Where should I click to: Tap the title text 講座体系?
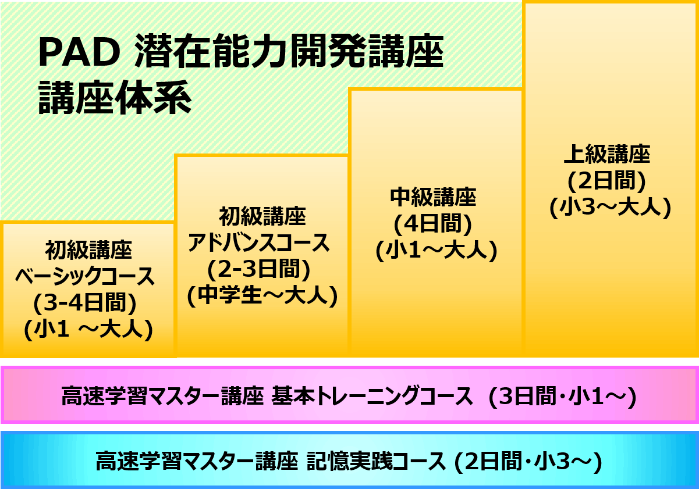[115, 99]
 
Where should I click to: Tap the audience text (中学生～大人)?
[262, 297]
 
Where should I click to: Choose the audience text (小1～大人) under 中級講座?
[436, 250]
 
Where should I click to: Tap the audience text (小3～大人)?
[610, 208]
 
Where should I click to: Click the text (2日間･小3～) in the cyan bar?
[527, 462]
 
